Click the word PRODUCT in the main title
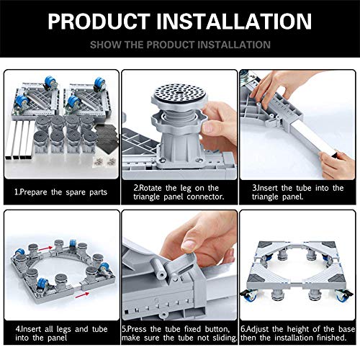pos(99,21)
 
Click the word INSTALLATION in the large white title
pos(234,21)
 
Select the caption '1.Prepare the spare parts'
pos(60,192)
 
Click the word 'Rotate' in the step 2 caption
pos(150,188)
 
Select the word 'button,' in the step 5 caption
pos(217,329)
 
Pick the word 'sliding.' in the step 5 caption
pos(225,338)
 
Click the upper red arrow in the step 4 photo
pos(45,249)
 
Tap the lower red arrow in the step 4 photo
pos(82,295)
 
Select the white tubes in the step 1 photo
pos(19,140)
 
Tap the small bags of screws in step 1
pos(104,161)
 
